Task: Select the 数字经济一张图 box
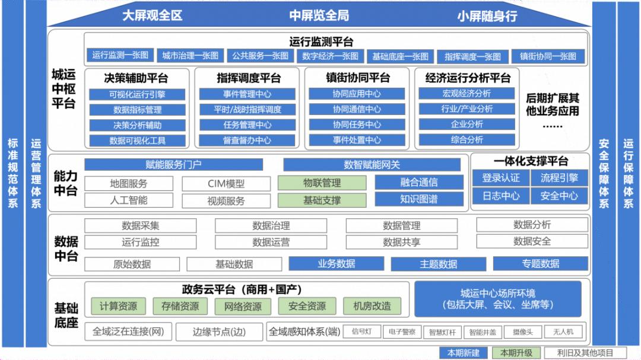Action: tap(330, 56)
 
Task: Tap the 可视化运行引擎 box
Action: tap(137, 94)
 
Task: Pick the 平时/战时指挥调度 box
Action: tap(247, 110)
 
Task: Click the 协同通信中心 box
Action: tap(357, 110)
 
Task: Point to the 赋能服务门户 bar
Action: tap(173, 164)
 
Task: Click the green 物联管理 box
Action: tap(322, 183)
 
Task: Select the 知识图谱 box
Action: tap(419, 199)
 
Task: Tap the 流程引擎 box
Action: tap(559, 178)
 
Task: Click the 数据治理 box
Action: tap(271, 225)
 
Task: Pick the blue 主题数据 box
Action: tap(439, 264)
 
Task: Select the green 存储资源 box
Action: tap(180, 306)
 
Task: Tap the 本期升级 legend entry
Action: tap(512, 353)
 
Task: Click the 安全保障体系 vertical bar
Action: tap(604, 172)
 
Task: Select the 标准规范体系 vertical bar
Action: tap(12, 172)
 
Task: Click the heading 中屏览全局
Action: tap(319, 16)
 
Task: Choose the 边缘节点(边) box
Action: tap(219, 332)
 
